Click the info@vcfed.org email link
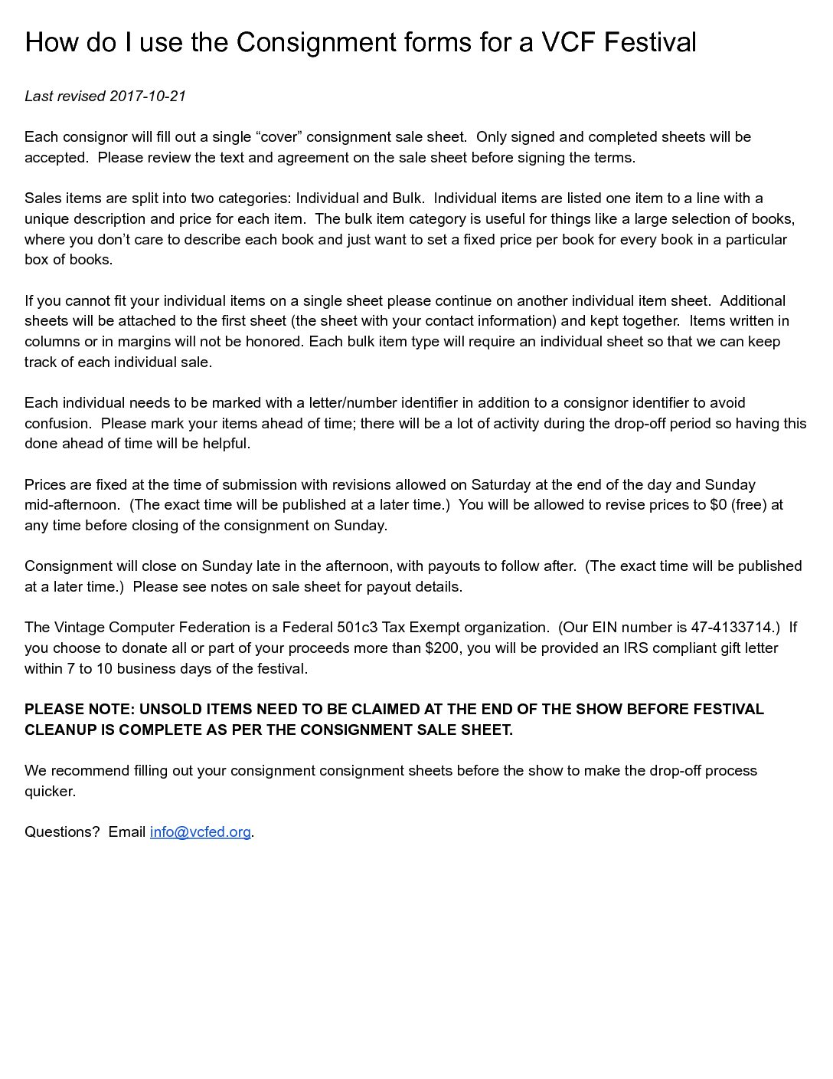[200, 832]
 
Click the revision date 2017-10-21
[148, 96]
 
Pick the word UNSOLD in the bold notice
[171, 710]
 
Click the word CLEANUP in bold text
[60, 730]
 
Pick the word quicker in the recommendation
[50, 792]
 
